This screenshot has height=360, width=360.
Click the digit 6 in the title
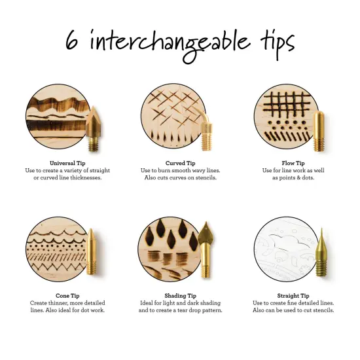[74, 41]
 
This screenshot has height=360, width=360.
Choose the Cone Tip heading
[67, 295]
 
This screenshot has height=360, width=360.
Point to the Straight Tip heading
[295, 295]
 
